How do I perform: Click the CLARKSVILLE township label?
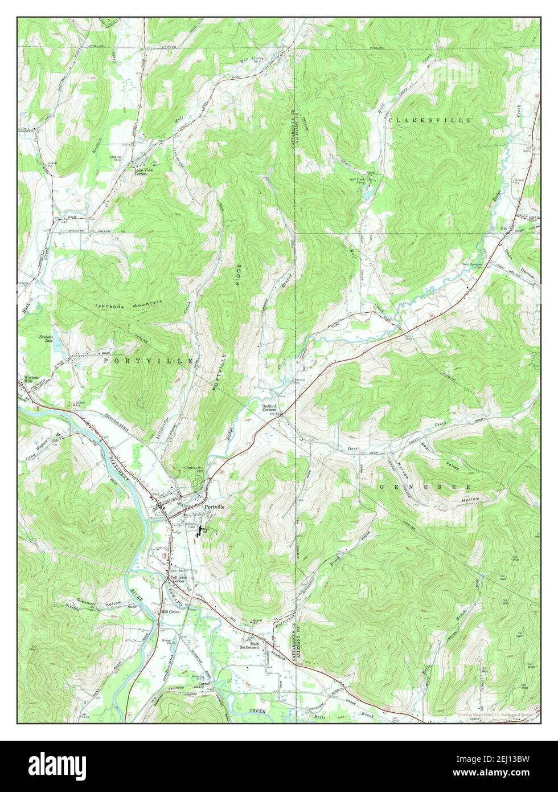coord(430,120)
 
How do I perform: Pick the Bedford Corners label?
coord(269,408)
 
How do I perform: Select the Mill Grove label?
coord(170,611)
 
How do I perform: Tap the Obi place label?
coord(503,228)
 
